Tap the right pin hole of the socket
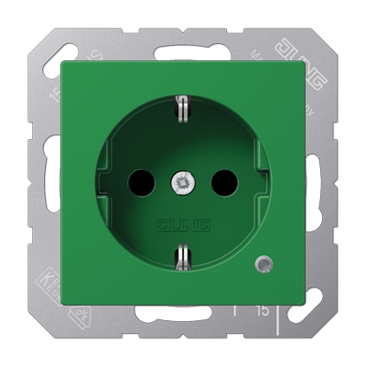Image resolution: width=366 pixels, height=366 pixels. (224, 184)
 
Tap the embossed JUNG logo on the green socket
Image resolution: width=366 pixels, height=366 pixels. (182, 223)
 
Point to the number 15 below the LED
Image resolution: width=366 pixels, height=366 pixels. (262, 310)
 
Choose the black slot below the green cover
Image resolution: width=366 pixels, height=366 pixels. (183, 319)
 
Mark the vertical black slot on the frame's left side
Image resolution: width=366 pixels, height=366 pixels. (47, 183)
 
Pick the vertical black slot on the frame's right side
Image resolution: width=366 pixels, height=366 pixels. (320, 183)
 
